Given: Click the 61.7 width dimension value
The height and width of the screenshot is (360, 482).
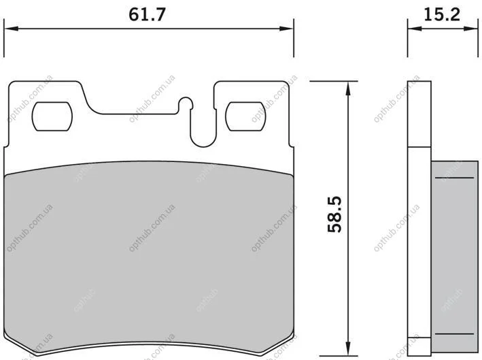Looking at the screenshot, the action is tap(147, 14).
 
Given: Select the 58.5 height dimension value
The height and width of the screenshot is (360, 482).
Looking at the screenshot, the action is tap(334, 214).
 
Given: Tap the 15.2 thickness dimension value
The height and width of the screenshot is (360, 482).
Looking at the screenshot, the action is tap(442, 14).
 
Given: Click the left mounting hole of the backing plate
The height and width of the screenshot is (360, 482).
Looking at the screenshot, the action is tap(52, 116).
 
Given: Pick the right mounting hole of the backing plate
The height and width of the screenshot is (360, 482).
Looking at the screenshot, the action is tap(245, 116).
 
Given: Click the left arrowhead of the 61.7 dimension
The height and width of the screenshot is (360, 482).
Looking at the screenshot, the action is tap(11, 29).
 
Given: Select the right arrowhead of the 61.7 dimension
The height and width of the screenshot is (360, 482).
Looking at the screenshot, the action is tap(286, 29).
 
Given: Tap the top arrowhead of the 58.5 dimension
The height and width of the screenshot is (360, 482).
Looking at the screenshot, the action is tap(348, 88).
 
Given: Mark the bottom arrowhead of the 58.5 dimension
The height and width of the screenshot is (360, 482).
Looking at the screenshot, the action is tap(348, 348).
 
